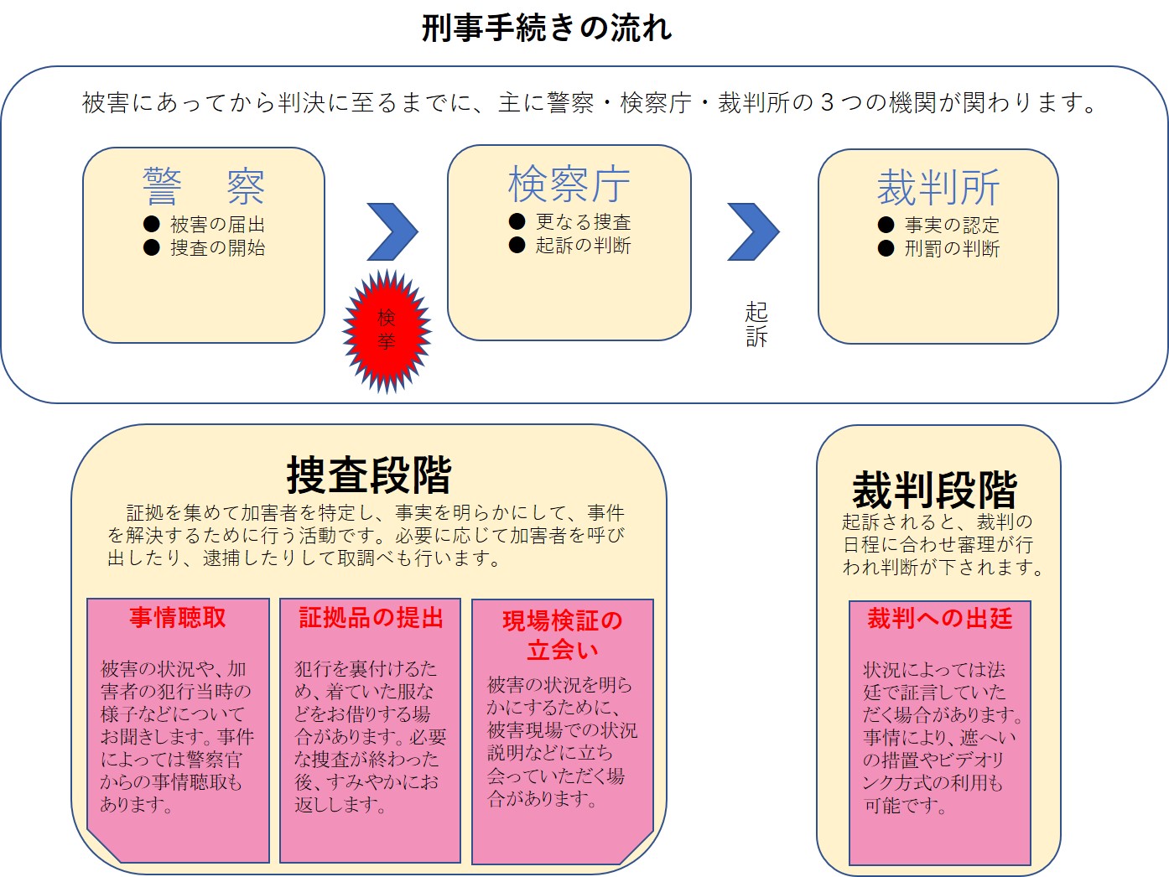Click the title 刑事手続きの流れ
point(547,28)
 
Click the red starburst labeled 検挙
point(387,331)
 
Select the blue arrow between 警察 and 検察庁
point(392,231)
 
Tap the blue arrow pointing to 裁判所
point(753,231)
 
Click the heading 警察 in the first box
point(204,186)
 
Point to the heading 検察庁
point(569,184)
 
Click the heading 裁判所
point(938,188)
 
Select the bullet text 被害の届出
point(217,224)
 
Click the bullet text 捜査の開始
point(217,247)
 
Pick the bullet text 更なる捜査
point(583,221)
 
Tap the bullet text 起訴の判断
point(583,245)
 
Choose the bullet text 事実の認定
point(952,225)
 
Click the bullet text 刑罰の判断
point(952,248)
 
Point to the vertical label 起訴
point(756,324)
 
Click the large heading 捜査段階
point(369,475)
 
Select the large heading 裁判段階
point(935,490)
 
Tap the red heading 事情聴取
point(178,618)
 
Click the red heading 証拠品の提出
point(371,618)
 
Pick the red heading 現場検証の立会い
point(563,636)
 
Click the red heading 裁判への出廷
point(939,619)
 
